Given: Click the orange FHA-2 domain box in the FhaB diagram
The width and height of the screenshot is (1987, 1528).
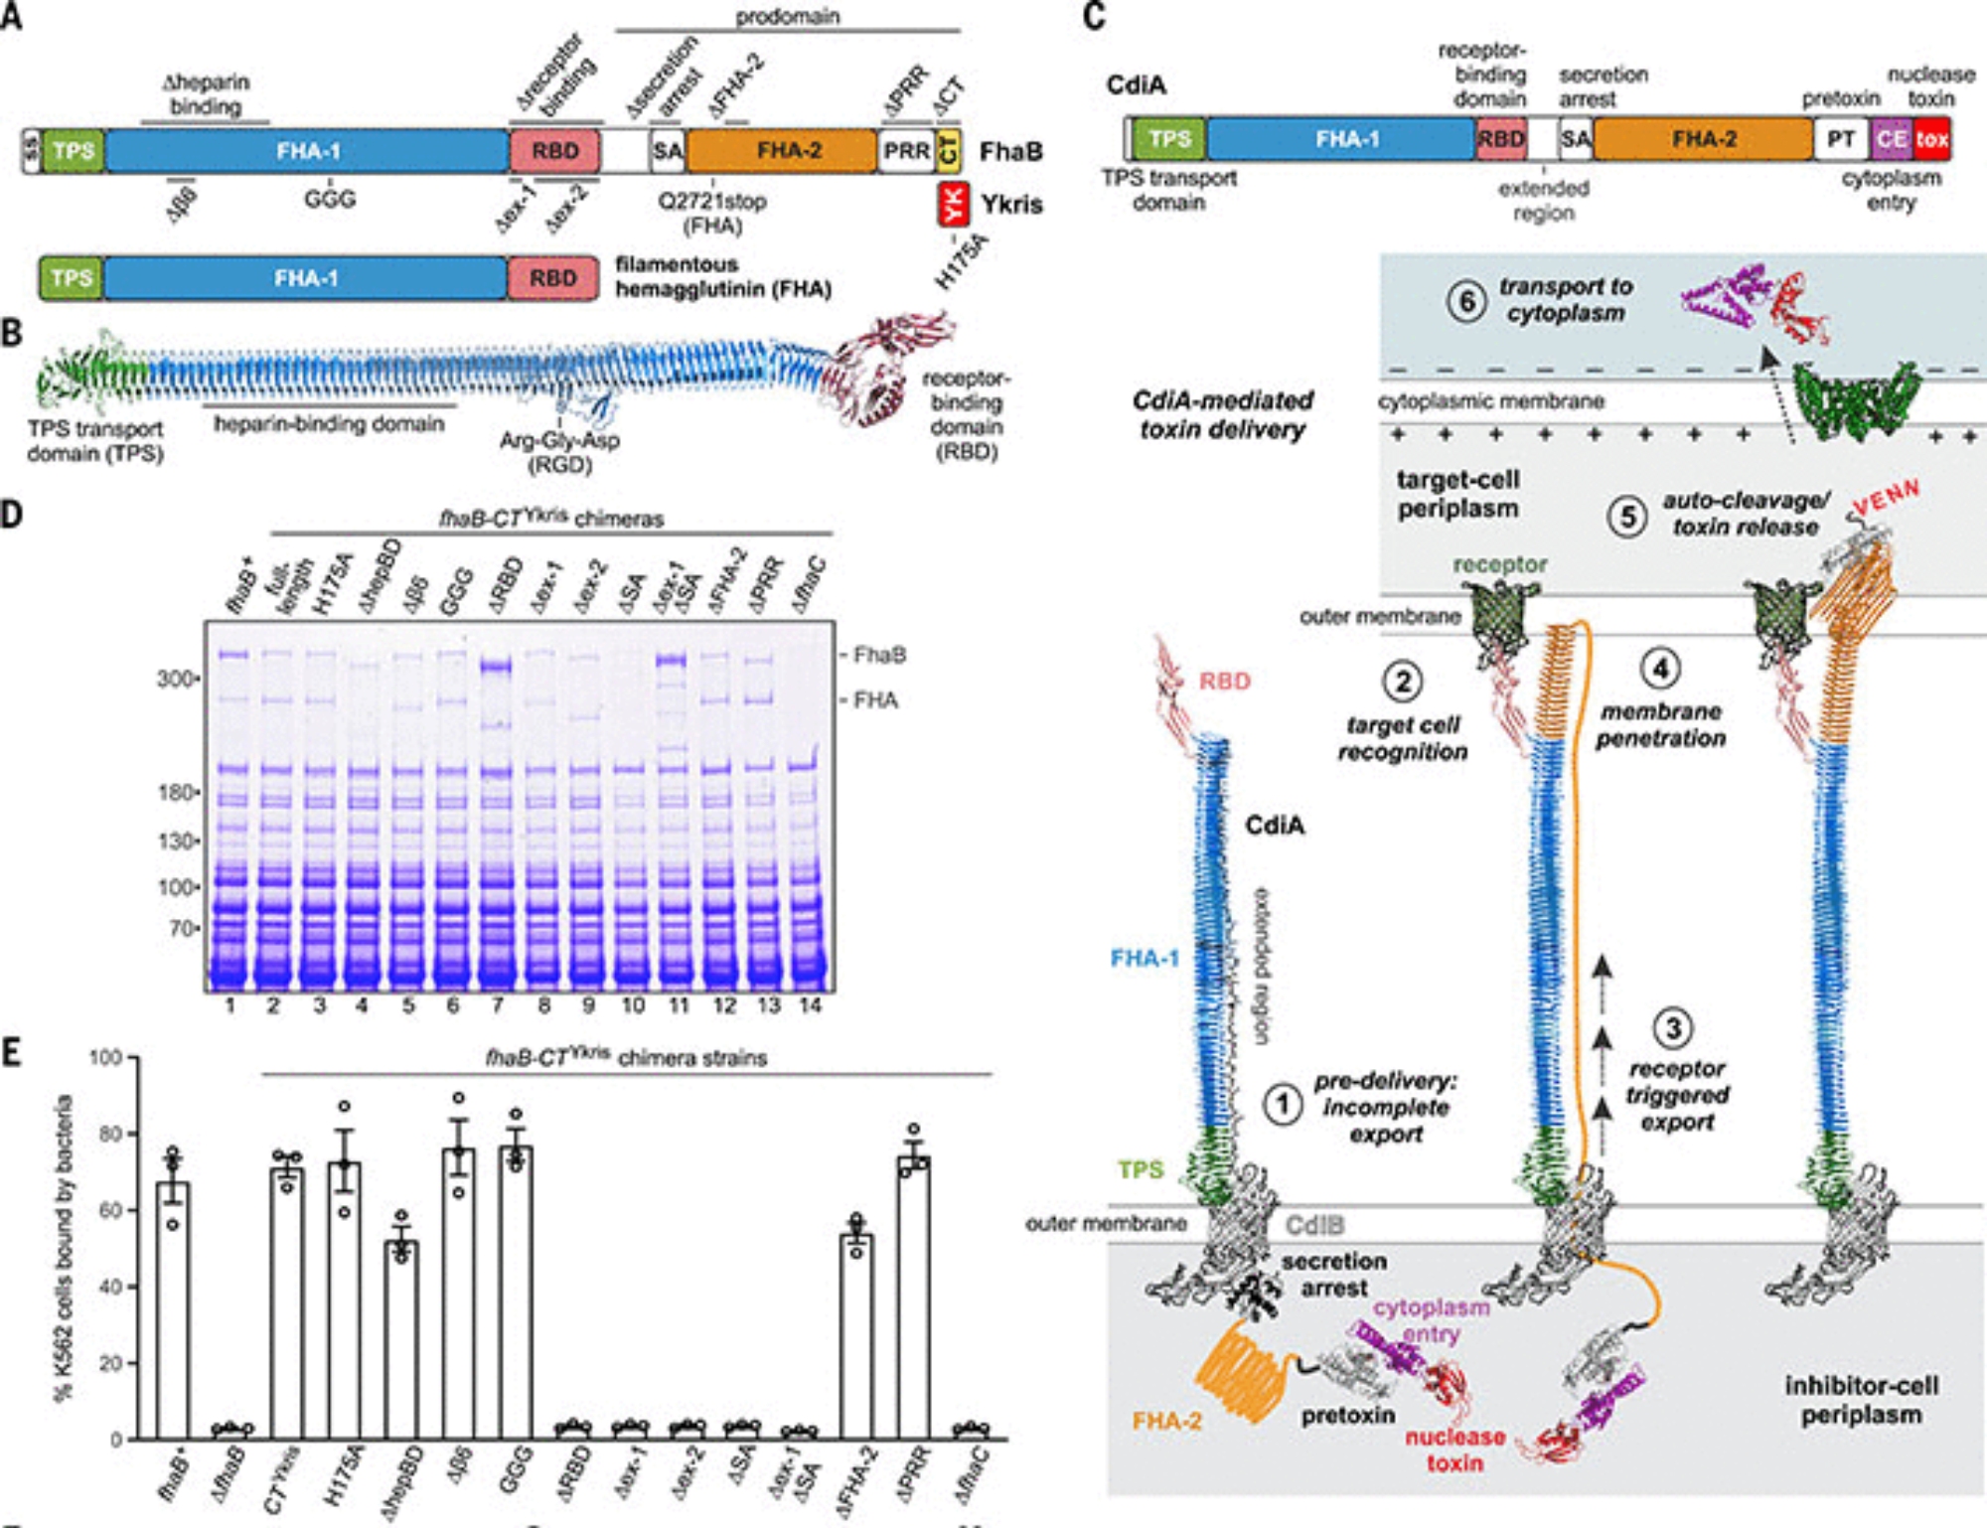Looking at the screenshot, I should click(782, 151).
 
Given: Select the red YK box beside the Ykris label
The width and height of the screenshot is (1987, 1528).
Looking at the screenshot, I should click(953, 205).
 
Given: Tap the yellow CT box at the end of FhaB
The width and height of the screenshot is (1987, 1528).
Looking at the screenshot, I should click(949, 151).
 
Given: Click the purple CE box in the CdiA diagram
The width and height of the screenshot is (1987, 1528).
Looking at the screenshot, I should click(1892, 139).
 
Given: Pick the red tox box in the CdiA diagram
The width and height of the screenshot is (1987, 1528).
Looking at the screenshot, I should click(1931, 139).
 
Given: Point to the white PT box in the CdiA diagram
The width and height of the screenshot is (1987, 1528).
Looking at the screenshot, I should click(1841, 139).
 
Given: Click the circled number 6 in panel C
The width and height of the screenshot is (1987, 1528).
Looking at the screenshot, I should click(1466, 301).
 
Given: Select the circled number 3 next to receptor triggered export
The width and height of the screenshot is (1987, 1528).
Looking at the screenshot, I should click(1673, 1028).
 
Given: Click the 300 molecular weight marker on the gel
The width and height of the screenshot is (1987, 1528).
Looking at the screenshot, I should click(177, 679).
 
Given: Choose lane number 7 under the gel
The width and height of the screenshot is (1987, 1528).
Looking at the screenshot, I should click(498, 1005).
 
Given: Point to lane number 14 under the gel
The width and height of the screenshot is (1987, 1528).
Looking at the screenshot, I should click(811, 1005).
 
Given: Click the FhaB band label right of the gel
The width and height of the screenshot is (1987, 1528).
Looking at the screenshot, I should click(879, 655).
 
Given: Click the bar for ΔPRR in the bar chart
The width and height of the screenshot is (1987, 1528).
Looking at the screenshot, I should click(913, 1297).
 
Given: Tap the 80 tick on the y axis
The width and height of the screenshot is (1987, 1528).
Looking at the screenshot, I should click(109, 1134).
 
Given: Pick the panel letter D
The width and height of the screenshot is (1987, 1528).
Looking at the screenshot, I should click(12, 515).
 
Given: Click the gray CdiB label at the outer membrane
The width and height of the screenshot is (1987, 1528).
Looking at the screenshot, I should click(1313, 1225).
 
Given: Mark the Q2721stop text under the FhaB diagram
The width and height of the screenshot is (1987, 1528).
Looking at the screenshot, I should click(712, 201).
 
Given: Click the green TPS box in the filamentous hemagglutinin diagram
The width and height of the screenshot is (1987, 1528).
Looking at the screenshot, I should click(72, 278).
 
